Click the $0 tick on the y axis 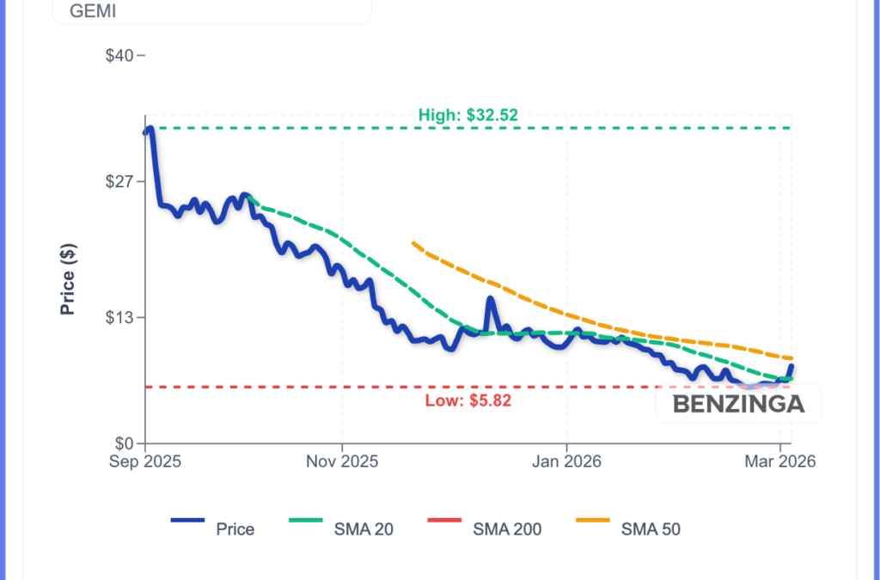point(125,443)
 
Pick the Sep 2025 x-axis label point(145,461)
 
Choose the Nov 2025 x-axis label point(342,461)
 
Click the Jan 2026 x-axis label point(566,461)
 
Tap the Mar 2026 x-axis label point(779,461)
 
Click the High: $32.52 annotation point(468,114)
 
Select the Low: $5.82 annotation point(468,400)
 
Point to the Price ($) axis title point(69,279)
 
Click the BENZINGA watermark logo point(738,404)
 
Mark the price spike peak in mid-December point(490,299)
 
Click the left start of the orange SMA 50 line point(414,243)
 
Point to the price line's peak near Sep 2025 point(150,129)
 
